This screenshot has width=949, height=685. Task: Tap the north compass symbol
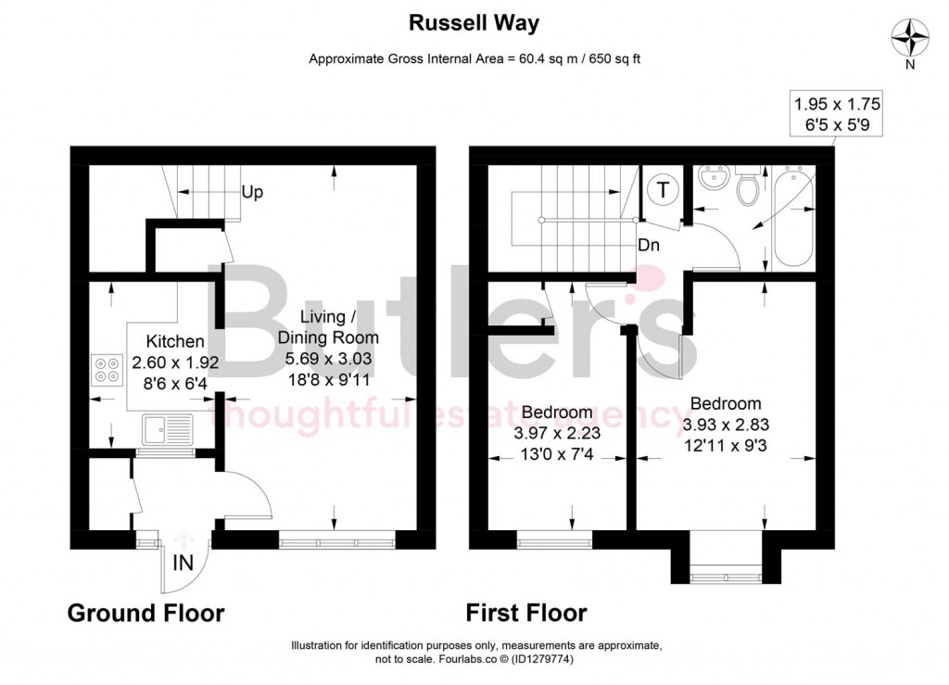908,38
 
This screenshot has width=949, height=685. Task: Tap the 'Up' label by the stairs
252,193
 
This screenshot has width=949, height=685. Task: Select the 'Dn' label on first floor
650,247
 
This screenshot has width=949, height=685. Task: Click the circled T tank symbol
664,190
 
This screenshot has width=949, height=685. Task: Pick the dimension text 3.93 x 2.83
726,424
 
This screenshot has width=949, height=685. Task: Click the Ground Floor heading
146,613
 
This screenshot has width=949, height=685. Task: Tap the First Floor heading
525,613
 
